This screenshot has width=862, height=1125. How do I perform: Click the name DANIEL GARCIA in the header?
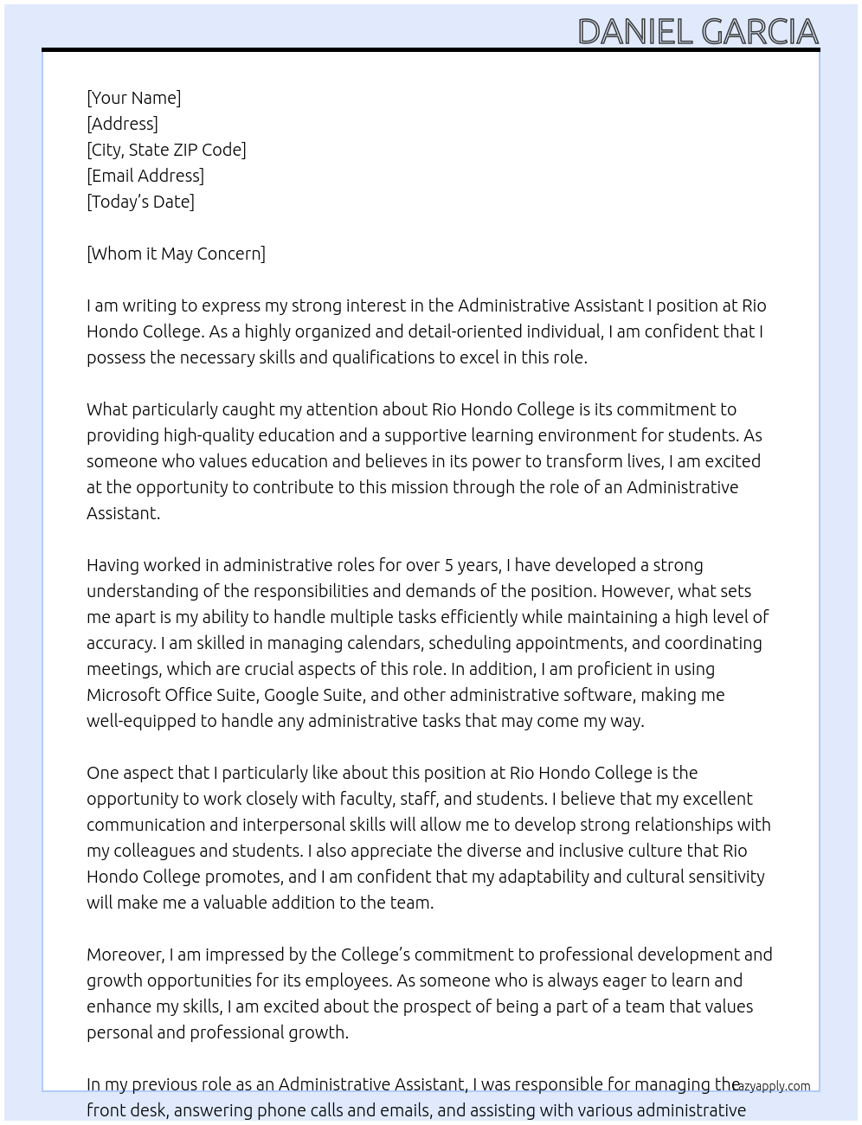pos(698,32)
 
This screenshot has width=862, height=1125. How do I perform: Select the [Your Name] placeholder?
pos(133,98)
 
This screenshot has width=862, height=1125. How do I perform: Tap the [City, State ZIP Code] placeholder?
pos(166,150)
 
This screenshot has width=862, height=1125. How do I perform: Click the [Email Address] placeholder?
pos(145,176)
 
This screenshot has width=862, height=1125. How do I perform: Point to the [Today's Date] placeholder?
pos(140,202)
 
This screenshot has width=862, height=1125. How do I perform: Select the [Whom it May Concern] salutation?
pos(176,254)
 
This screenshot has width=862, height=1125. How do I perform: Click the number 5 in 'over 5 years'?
pos(448,565)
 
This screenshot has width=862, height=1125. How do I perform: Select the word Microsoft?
pos(123,695)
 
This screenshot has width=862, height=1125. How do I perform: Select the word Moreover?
pos(125,955)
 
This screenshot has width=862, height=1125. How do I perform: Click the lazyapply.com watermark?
pos(771,1086)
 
